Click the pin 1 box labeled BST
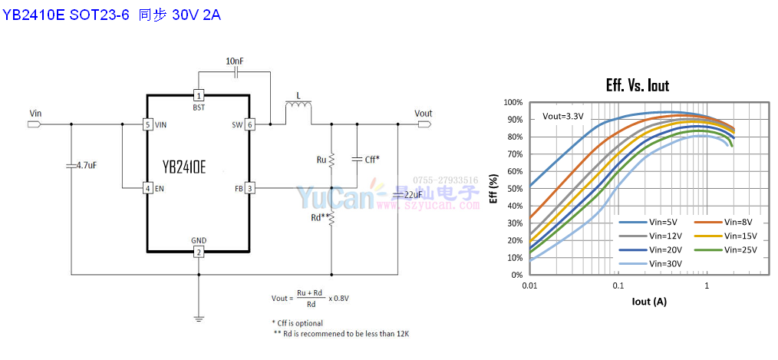(199, 96)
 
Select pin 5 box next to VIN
(147, 124)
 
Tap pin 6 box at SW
(249, 124)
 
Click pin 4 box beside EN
(147, 188)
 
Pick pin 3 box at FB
(249, 188)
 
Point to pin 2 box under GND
(199, 253)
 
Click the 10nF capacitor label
(235, 61)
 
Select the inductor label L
(298, 97)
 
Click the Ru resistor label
(321, 160)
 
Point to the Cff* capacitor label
(371, 159)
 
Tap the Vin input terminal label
(35, 114)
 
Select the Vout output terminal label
(424, 114)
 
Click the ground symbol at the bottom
(199, 316)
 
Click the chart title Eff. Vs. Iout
(637, 86)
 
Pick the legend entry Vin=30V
(665, 263)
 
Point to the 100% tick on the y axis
(513, 102)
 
